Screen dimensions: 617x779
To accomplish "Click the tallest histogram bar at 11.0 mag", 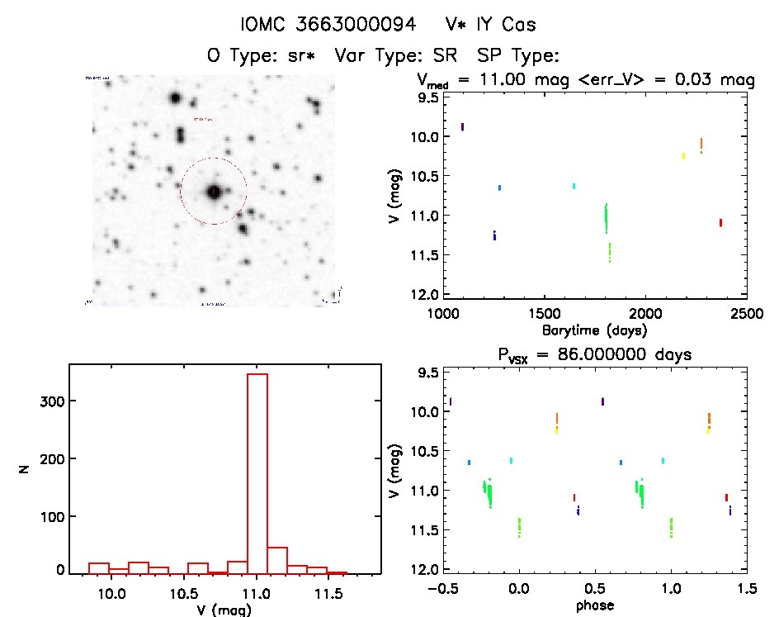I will click(x=257, y=471).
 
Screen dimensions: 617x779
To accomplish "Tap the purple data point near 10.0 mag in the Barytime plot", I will click(x=462, y=126).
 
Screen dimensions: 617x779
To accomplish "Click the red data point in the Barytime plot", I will click(x=720, y=222).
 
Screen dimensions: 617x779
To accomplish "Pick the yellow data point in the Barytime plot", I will click(x=683, y=155).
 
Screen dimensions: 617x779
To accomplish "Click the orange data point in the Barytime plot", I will click(x=701, y=145).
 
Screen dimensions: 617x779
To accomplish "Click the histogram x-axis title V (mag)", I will click(x=224, y=610).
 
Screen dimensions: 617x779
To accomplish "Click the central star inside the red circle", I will click(x=214, y=192).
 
